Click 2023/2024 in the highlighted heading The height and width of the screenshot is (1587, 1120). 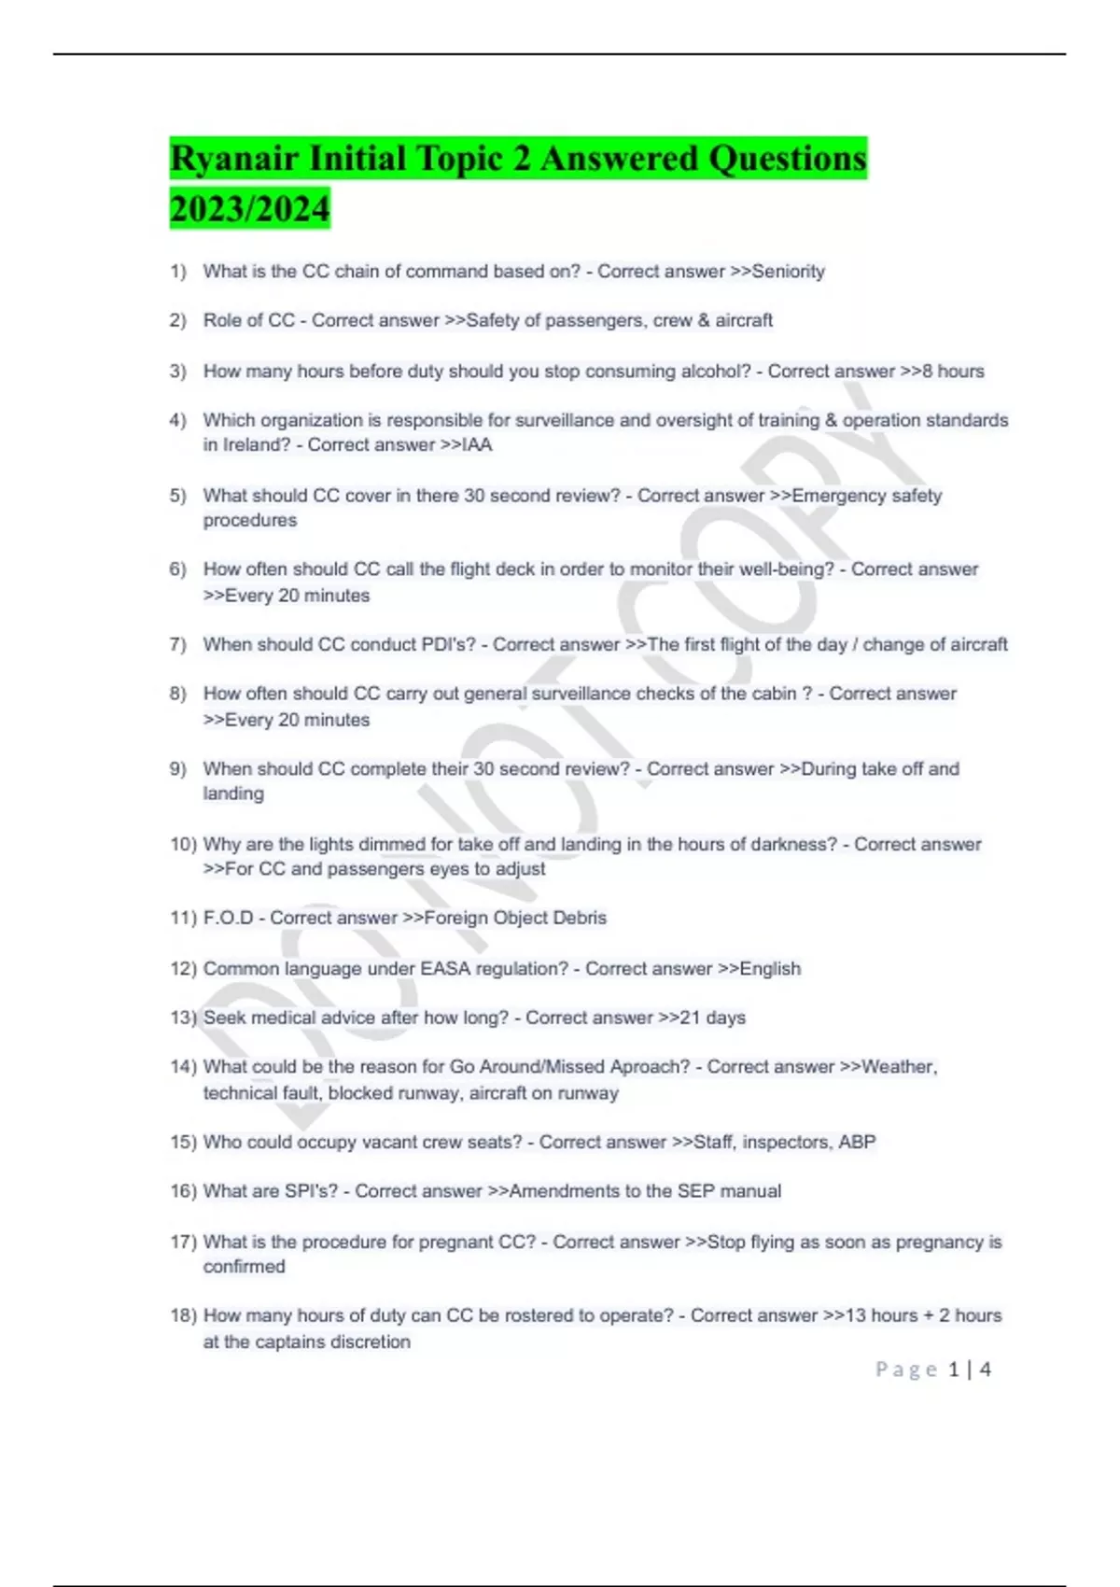[x=250, y=208]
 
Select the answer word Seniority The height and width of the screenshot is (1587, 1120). [x=789, y=272]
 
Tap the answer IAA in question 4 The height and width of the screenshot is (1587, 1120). [x=477, y=445]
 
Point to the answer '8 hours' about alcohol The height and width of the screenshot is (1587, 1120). [x=953, y=372]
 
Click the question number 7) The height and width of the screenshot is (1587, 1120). [x=178, y=645]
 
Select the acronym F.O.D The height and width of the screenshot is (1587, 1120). [x=228, y=919]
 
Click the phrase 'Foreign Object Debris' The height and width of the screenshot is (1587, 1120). [x=515, y=919]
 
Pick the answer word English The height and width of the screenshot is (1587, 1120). [x=770, y=969]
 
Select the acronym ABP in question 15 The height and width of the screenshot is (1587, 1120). [x=857, y=1143]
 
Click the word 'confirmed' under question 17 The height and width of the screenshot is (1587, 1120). [x=245, y=1267]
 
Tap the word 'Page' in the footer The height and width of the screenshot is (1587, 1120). [x=906, y=1369]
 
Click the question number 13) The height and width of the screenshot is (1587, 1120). [x=183, y=1018]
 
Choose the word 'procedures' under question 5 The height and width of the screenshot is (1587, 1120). [x=250, y=521]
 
